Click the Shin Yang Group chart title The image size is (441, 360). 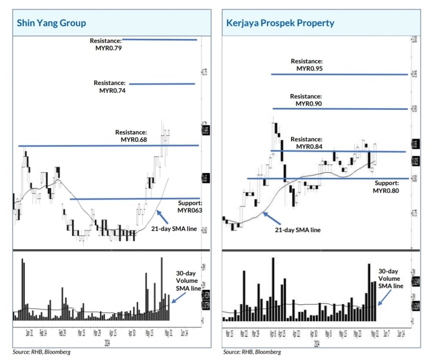tap(51, 23)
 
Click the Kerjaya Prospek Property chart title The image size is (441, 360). tap(280, 23)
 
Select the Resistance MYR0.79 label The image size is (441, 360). tap(106, 44)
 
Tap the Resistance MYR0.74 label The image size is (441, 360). tap(110, 87)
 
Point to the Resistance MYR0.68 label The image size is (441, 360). tap(131, 136)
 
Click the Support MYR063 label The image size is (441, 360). tap(189, 207)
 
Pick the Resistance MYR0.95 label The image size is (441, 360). tap(307, 65)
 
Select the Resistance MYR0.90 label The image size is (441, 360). tap(306, 100)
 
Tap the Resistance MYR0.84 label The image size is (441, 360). tap(306, 143)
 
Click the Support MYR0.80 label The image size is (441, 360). tap(386, 187)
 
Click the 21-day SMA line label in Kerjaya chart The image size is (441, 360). tap(298, 230)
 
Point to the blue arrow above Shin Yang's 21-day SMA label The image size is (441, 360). tap(162, 216)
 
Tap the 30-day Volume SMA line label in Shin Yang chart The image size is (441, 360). tap(187, 281)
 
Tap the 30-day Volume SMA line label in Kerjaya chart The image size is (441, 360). tap(391, 279)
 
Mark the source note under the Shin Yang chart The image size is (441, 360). tap(41, 352)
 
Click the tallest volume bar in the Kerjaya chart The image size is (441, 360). tap(273, 289)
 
